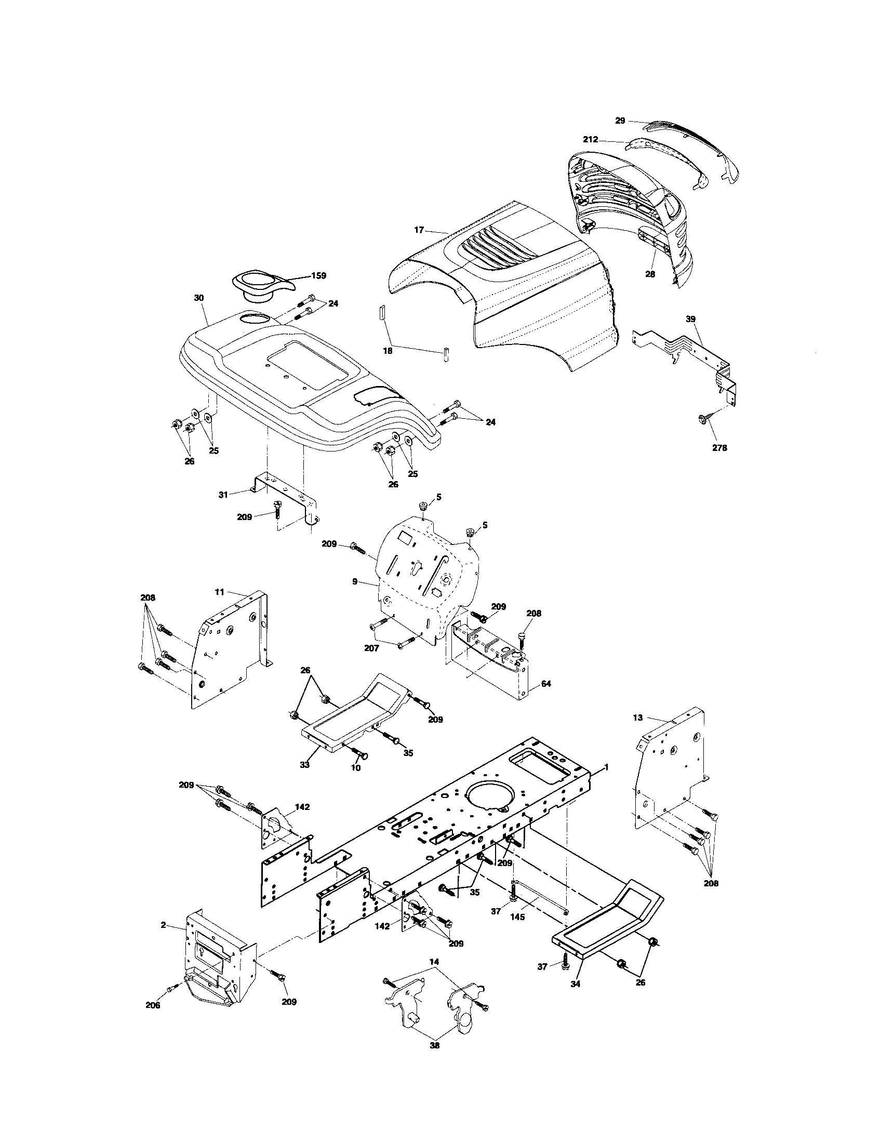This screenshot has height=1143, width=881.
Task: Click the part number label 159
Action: [318, 276]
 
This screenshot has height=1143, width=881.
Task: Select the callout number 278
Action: [719, 447]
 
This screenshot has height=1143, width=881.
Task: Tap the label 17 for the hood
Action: [419, 230]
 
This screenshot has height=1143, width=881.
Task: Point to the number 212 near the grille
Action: [591, 140]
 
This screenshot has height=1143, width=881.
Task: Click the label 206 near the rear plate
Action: [153, 1005]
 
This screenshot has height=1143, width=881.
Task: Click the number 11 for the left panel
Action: [219, 592]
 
